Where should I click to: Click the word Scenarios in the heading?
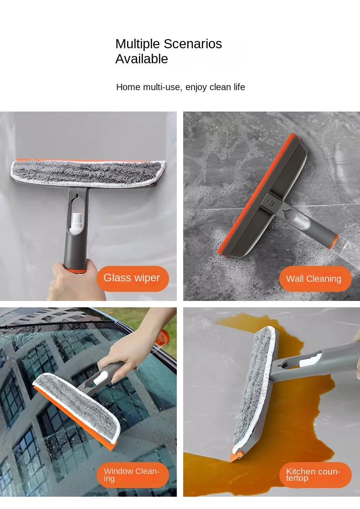pos(193,44)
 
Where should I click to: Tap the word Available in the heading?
pos(142,59)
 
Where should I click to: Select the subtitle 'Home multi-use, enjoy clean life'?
pos(180,87)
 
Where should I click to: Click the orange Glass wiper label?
pos(132,278)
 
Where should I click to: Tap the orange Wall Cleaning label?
pos(314,279)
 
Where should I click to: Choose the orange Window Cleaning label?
pos(132,475)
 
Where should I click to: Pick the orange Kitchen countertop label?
pos(314,475)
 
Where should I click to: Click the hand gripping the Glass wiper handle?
pos(73,282)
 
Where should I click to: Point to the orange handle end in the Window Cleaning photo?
pos(162,338)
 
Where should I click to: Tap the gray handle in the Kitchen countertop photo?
pos(319,360)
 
